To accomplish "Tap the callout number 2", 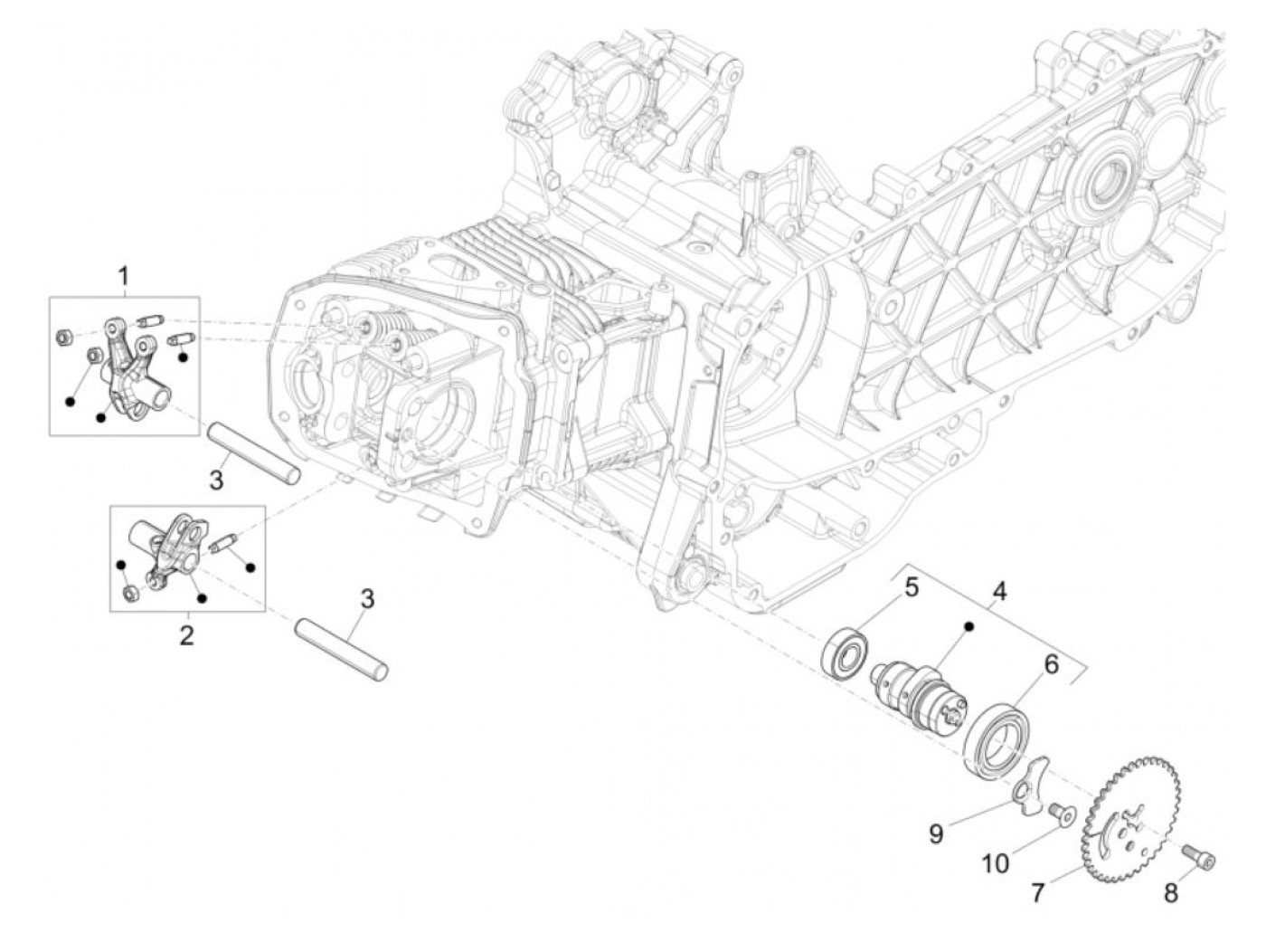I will (186, 634).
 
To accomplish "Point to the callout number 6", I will (1051, 664).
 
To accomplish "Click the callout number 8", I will (1171, 893).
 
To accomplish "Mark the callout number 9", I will (936, 833).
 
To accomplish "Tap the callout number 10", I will (995, 864).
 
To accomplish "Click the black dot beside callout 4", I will (968, 626).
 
